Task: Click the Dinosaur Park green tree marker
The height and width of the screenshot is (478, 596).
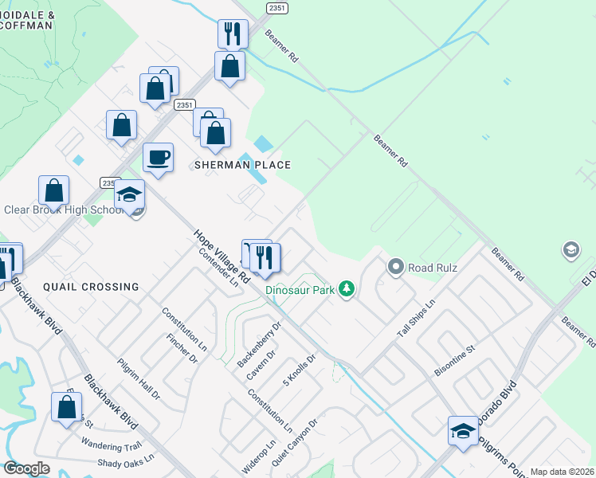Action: point(346,288)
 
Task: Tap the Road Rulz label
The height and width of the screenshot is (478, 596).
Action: point(433,268)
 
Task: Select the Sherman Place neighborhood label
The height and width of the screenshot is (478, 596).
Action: point(242,165)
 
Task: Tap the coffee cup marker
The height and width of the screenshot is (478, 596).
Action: point(158,157)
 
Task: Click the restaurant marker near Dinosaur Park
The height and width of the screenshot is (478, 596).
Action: point(265,257)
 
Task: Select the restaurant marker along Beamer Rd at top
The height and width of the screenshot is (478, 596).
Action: point(233,33)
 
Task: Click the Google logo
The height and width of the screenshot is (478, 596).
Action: point(26,468)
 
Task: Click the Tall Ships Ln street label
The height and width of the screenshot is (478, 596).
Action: point(418,318)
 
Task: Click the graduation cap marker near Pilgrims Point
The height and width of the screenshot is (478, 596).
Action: point(463,430)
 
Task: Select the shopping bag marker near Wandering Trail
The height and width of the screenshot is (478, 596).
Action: point(67,406)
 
